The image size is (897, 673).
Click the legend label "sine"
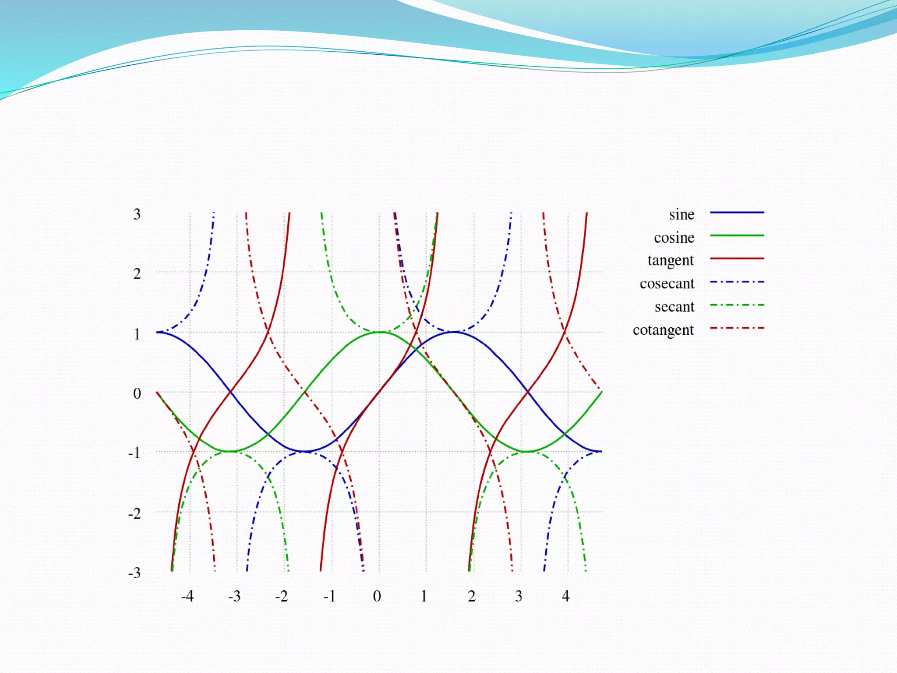coord(681,215)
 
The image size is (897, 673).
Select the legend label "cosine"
coord(674,237)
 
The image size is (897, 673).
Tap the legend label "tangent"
coord(671,261)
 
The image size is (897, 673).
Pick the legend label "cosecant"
coord(667,284)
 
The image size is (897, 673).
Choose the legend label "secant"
coord(675,307)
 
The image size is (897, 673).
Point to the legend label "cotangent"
coord(663,330)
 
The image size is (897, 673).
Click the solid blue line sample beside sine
coord(737,213)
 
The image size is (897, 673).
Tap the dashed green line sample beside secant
coord(737,305)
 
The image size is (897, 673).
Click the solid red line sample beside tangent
coord(737,259)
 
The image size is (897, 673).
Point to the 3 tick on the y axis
coord(137,214)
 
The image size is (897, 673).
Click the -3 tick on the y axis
coord(134,573)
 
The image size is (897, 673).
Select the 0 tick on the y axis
coord(137,393)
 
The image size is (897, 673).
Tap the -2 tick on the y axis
coord(134,513)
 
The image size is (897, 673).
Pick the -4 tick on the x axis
coord(187,596)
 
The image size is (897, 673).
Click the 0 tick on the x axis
coord(377,596)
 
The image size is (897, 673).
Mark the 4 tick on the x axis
coord(566,596)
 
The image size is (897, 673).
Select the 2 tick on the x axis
coord(472,596)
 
